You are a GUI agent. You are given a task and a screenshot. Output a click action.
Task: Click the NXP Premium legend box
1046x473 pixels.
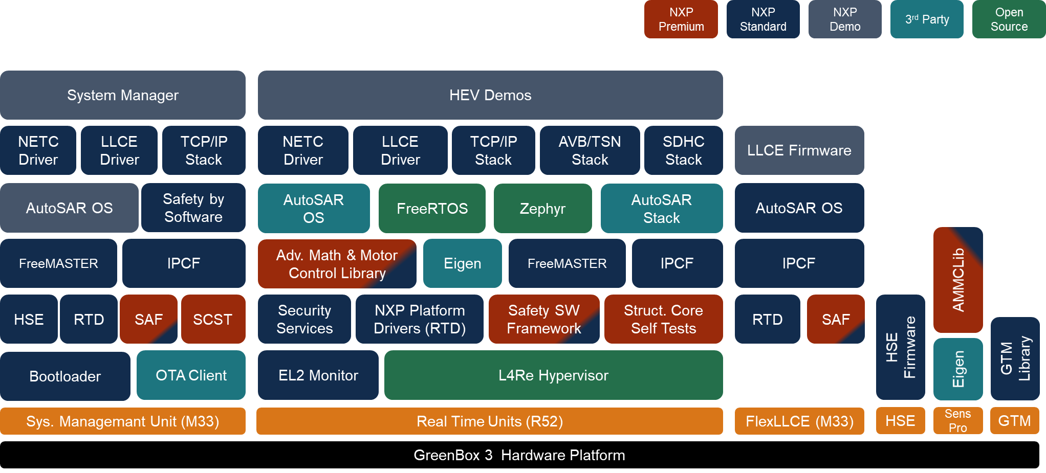(681, 19)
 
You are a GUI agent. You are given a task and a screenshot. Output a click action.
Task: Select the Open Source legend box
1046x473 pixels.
(1008, 19)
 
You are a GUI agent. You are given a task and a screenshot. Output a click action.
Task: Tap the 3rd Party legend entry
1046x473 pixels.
(926, 19)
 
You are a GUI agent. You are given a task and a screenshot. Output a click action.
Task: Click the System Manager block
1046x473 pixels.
(123, 95)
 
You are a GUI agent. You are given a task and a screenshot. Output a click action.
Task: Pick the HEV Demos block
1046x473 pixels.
(490, 95)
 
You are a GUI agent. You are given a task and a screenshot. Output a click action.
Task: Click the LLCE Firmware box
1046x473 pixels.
(799, 150)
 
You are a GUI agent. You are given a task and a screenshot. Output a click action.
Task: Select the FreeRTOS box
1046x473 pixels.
(432, 209)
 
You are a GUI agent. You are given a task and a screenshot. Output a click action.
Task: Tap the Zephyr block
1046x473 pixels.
(542, 209)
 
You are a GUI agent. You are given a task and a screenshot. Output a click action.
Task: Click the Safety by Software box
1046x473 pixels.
(193, 208)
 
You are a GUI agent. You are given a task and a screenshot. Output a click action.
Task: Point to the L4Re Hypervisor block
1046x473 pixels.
(553, 375)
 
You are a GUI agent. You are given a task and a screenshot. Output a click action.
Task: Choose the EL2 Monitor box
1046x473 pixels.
(318, 375)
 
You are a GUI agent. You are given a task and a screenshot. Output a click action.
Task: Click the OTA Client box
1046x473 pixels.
(191, 375)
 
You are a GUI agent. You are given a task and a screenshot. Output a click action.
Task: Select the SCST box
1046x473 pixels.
(213, 320)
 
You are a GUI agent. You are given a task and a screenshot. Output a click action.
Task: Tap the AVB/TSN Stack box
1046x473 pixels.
(590, 150)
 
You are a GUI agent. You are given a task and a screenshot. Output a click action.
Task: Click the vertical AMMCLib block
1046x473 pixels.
(957, 280)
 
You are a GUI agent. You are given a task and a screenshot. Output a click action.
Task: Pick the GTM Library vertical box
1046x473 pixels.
(1015, 358)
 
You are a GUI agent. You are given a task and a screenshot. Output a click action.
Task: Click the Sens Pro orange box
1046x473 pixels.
(957, 421)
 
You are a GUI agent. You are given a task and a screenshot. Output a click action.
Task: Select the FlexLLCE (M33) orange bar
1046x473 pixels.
(799, 421)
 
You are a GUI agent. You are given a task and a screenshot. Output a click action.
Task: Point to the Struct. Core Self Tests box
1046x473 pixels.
(663, 319)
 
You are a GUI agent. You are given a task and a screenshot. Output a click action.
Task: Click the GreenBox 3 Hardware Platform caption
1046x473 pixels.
(519, 455)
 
